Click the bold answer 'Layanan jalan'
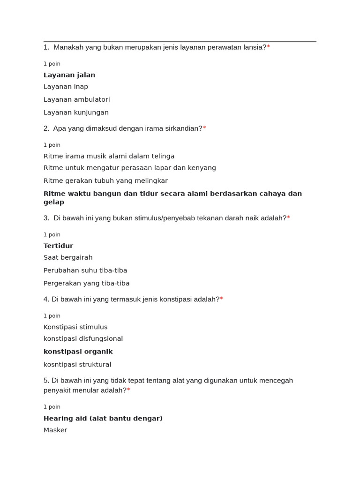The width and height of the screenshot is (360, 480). [x=69, y=75]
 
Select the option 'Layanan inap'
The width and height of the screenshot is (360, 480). [x=66, y=87]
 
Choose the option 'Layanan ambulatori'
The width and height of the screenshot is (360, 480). [x=76, y=99]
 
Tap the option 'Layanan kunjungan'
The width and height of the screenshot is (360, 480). [x=76, y=112]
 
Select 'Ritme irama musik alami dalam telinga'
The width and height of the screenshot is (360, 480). [x=109, y=156]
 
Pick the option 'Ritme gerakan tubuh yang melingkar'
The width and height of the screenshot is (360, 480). [x=105, y=181]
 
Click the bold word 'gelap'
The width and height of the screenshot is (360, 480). [x=54, y=202]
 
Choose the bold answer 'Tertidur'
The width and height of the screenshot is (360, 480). [x=58, y=246]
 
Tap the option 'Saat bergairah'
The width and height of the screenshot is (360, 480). [x=68, y=257]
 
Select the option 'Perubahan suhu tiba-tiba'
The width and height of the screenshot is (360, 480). [x=85, y=270]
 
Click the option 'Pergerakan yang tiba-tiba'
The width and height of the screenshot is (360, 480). [x=86, y=284]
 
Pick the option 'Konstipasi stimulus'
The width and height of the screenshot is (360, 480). [x=75, y=327]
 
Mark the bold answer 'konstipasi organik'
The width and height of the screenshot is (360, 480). [x=78, y=352]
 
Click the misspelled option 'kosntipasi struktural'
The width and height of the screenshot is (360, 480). [x=77, y=365]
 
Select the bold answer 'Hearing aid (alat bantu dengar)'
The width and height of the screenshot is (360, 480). [x=103, y=418]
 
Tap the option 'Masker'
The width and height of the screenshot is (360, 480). [x=55, y=430]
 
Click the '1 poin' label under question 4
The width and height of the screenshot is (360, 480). [x=52, y=316]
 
